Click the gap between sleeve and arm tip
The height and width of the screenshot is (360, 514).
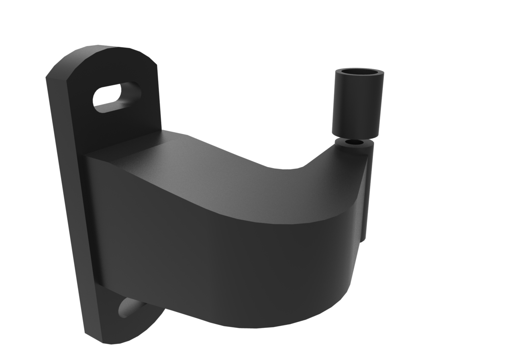click(x=353, y=138)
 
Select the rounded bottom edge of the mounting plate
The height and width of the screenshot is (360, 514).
click(x=120, y=337)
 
